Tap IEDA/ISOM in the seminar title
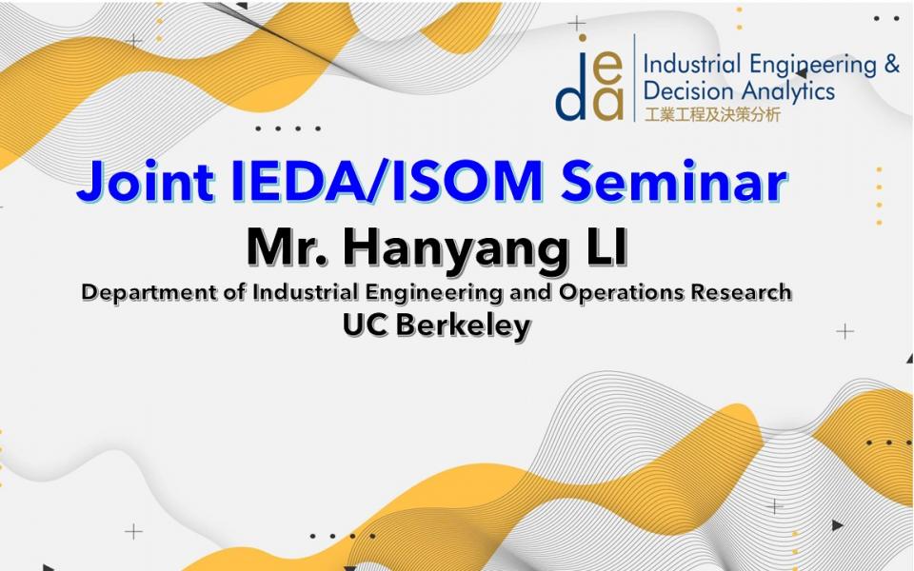[x=387, y=180]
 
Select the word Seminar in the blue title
[x=674, y=180]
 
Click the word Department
[x=149, y=293]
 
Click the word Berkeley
[x=464, y=325]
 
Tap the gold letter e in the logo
[x=608, y=69]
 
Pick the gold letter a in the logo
[x=608, y=105]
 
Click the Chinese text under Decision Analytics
[x=712, y=114]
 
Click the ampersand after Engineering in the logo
[x=892, y=64]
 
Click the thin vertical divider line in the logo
[x=634, y=77]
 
